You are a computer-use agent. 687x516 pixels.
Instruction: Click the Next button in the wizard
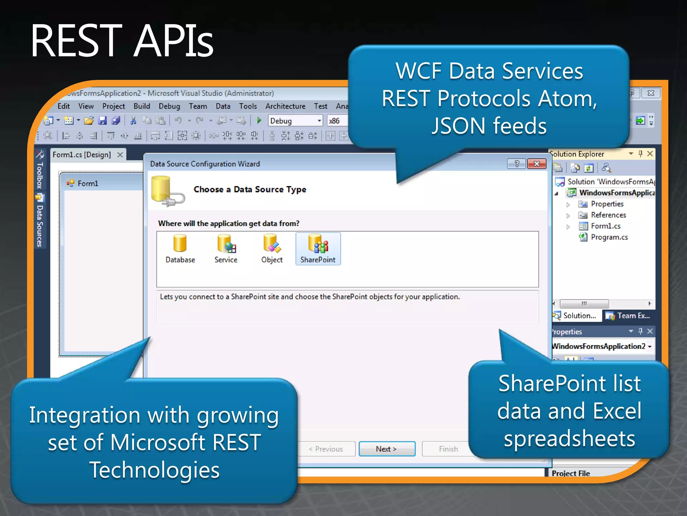(x=387, y=449)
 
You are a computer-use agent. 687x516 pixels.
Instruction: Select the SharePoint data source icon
(x=318, y=249)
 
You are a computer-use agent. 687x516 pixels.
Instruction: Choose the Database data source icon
(x=180, y=249)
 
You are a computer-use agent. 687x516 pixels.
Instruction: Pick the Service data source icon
(x=226, y=249)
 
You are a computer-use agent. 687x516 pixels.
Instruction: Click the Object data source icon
(x=272, y=249)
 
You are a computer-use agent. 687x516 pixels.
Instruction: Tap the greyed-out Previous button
(x=326, y=449)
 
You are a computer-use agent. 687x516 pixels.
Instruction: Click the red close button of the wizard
(x=536, y=164)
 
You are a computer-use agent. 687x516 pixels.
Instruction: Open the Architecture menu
(x=285, y=106)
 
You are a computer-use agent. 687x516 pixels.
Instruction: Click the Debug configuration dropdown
(x=295, y=121)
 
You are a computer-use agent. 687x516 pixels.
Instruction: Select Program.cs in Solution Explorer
(x=609, y=237)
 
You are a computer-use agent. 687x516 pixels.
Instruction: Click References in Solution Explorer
(x=608, y=215)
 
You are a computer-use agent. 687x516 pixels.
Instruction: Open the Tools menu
(x=248, y=106)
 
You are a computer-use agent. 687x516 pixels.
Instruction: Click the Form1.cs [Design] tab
(x=82, y=155)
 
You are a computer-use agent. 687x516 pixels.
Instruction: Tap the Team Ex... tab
(x=629, y=316)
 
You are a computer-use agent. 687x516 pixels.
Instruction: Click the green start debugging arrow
(x=259, y=120)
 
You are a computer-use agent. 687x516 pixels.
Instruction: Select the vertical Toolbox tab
(x=40, y=175)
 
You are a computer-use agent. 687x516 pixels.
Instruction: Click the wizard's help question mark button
(x=517, y=164)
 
